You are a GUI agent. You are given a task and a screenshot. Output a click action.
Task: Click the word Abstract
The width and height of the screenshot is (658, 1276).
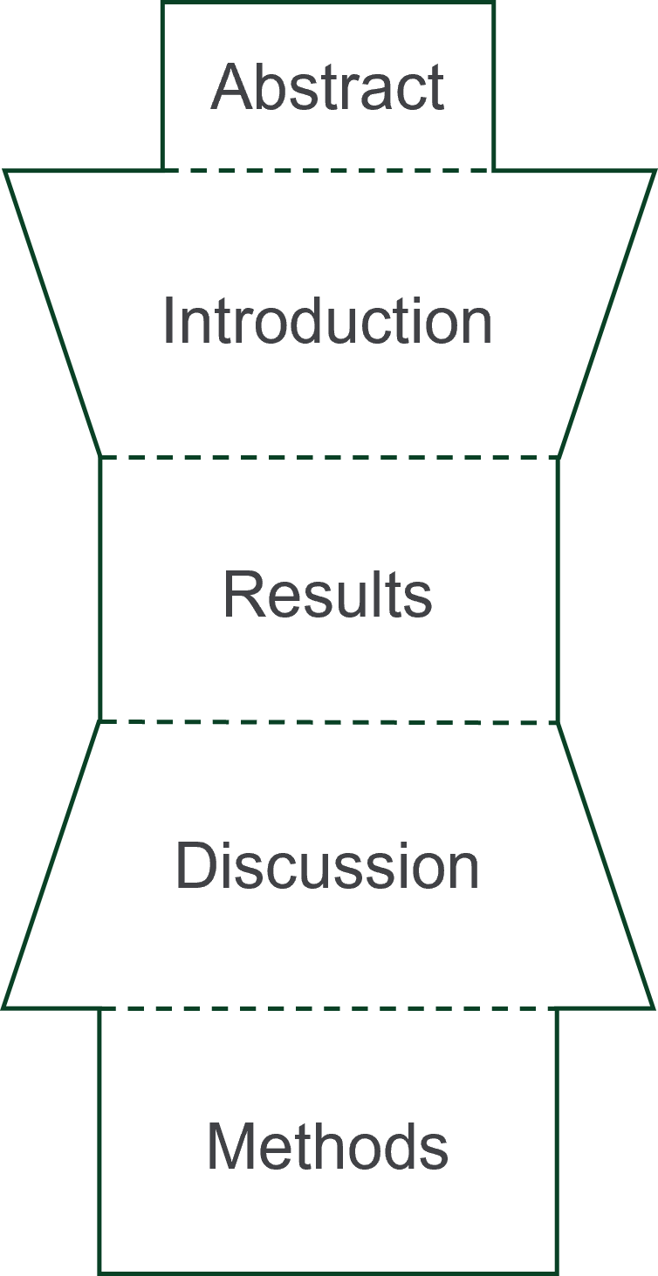[x=327, y=87]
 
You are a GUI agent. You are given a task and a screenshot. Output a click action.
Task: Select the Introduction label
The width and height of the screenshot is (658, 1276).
[x=327, y=321]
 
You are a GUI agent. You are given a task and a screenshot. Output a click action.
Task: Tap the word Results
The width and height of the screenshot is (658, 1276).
[x=327, y=595]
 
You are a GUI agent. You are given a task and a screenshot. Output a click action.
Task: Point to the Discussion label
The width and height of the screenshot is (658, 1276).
[x=327, y=866]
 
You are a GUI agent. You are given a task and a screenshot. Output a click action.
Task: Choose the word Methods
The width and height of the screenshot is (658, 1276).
[x=327, y=1147]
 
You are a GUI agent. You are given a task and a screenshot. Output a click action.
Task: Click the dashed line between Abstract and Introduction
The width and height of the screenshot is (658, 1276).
[x=327, y=170]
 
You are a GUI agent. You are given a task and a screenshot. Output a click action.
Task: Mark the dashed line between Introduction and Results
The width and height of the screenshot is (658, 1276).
[x=327, y=456]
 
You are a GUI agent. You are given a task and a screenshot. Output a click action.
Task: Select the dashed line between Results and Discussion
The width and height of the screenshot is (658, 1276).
[x=327, y=722]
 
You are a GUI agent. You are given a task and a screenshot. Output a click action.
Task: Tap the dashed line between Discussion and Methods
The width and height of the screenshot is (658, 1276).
[x=327, y=1008]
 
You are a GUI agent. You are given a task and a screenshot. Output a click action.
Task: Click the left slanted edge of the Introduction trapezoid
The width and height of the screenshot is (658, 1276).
[x=53, y=314]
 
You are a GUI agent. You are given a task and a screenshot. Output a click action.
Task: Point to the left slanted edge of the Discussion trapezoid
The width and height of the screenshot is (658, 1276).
[x=51, y=865]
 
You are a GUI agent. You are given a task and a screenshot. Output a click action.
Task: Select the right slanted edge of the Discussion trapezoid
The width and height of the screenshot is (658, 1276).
[x=607, y=865]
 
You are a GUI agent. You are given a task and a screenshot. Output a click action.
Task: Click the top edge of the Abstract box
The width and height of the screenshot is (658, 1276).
[x=327, y=3]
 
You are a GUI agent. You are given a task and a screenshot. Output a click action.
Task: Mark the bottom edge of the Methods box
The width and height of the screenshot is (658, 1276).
[x=327, y=1273]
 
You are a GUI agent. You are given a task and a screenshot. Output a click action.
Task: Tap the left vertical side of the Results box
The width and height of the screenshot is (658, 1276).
[x=100, y=589]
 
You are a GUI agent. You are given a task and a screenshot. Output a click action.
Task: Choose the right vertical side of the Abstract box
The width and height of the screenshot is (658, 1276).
[x=493, y=87]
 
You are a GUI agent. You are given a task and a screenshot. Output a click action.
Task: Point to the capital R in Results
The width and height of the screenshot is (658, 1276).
[x=239, y=595]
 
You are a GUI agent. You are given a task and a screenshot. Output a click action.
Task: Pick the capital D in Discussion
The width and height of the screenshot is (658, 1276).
[x=193, y=866]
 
